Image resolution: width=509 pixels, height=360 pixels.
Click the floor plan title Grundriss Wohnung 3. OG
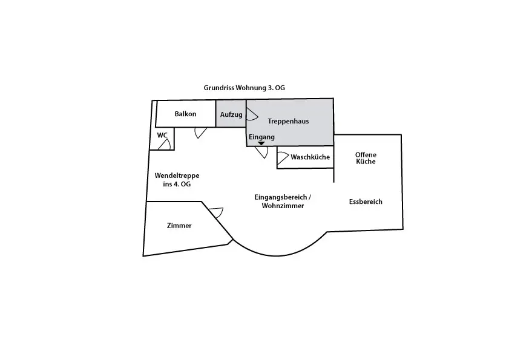tap(244, 88)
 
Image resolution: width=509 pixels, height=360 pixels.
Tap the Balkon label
tap(185, 114)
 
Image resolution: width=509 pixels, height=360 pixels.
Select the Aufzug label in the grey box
tap(231, 114)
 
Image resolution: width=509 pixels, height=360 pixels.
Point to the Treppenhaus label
tap(288, 122)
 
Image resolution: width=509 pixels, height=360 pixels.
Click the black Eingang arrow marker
tap(261, 143)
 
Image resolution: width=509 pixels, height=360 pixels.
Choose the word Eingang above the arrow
tap(261, 137)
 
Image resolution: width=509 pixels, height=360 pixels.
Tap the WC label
tap(162, 136)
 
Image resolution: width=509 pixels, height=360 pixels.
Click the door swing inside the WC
tap(165, 145)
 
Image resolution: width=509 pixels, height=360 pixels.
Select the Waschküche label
tap(310, 157)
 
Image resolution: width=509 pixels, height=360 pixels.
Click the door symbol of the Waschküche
tap(283, 158)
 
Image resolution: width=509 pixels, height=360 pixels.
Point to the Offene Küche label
tap(366, 158)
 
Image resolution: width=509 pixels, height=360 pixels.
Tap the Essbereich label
tap(366, 201)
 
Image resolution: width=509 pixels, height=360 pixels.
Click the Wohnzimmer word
tap(283, 206)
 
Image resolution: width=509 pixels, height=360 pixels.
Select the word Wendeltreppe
tap(177, 175)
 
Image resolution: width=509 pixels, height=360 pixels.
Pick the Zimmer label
tap(179, 226)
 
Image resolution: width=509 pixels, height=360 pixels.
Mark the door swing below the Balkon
tap(201, 133)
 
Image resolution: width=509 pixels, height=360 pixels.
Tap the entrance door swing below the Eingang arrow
tap(261, 152)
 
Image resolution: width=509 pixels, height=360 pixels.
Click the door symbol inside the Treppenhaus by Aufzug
tap(252, 114)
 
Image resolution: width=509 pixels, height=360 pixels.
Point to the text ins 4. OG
tap(177, 184)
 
